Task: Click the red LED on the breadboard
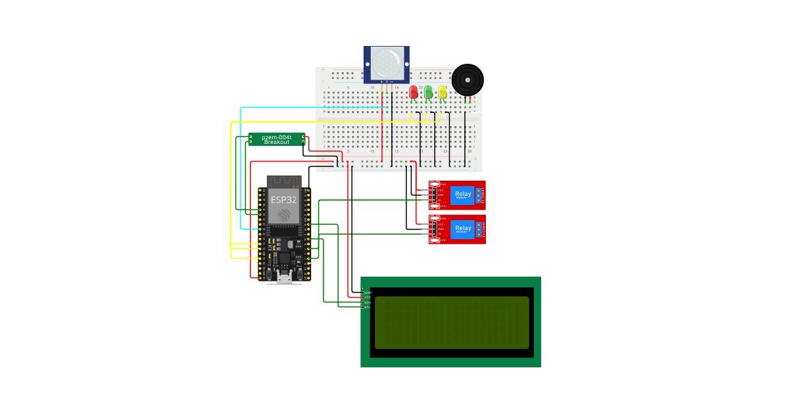click(414, 92)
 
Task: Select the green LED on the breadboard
click(428, 92)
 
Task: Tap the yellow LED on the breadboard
click(442, 92)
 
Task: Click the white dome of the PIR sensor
click(387, 61)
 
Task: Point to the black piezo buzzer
click(467, 80)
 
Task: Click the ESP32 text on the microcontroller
click(284, 199)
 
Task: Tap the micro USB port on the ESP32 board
click(284, 279)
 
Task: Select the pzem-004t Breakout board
click(276, 139)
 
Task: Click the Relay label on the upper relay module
click(463, 193)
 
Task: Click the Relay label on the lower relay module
click(463, 228)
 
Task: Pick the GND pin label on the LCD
click(368, 292)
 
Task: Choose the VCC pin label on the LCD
click(368, 297)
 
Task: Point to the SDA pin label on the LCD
click(368, 302)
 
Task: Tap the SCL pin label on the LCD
click(368, 307)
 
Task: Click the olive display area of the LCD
click(452, 322)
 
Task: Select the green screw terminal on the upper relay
click(479, 195)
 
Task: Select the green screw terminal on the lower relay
click(479, 229)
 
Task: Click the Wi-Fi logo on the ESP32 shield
click(284, 215)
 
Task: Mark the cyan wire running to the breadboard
click(241, 164)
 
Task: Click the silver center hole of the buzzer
click(467, 80)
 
